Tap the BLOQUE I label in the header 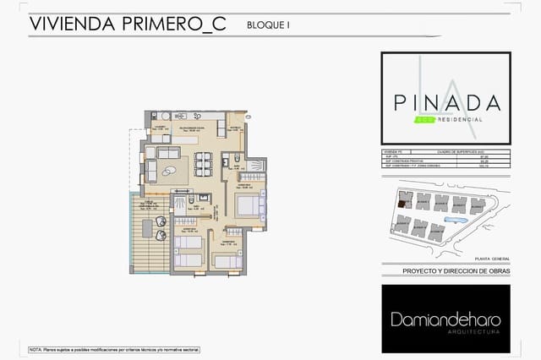click(x=268, y=25)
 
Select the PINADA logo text click(x=446, y=102)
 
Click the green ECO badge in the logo click(x=424, y=120)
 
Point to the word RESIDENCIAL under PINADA click(x=460, y=120)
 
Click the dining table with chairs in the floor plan click(x=203, y=161)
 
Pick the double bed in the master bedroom click(x=249, y=204)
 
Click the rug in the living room click(x=175, y=172)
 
